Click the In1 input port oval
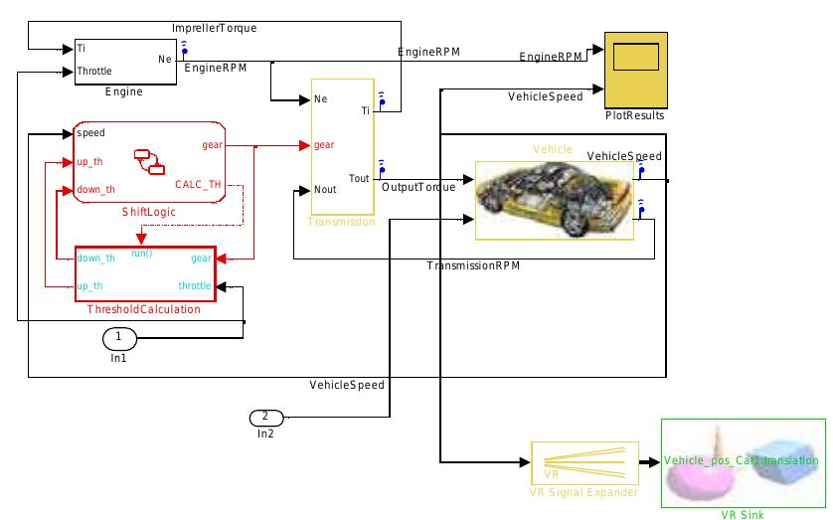tap(118, 338)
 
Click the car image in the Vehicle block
tap(554, 200)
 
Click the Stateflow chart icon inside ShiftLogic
tap(149, 160)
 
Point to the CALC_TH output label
tap(199, 184)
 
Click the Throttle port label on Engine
tap(95, 72)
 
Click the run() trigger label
tap(142, 254)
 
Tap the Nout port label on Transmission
tap(325, 189)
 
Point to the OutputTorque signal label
tap(418, 187)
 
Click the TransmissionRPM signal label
tap(473, 266)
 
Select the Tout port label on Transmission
tap(360, 179)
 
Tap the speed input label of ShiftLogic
tap(91, 132)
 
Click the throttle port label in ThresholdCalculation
tap(195, 285)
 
